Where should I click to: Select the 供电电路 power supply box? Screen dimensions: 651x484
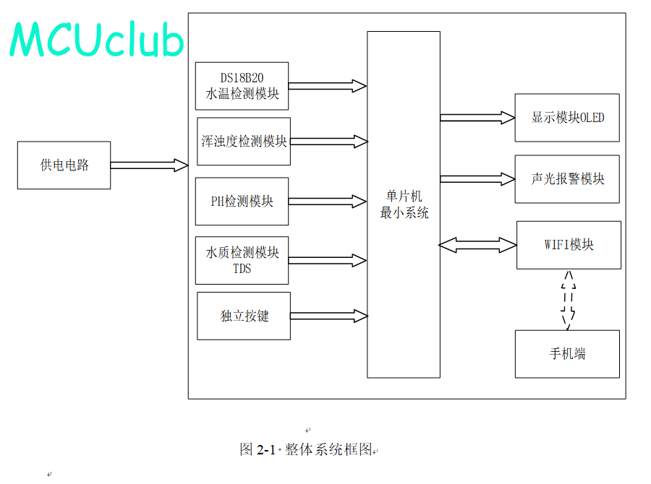tap(64, 165)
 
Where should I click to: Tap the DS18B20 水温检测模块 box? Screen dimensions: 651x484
tap(242, 86)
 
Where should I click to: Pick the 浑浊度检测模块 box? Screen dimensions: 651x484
tap(244, 142)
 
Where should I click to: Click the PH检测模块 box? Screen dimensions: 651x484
tap(242, 202)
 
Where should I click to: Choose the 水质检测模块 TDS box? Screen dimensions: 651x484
tap(242, 261)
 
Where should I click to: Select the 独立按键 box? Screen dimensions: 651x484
tap(244, 316)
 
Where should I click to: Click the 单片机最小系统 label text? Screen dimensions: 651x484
tap(404, 204)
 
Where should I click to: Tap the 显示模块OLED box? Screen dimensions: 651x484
tap(567, 118)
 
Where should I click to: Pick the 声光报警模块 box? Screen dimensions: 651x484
tap(567, 179)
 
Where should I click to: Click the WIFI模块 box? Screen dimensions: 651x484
tap(569, 245)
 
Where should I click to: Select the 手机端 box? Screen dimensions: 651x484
tap(567, 354)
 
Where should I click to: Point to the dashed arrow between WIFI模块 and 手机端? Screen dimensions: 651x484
tap(569, 301)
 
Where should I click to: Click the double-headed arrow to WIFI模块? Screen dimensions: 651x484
tap(478, 245)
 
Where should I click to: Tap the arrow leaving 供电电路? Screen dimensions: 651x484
tap(150, 165)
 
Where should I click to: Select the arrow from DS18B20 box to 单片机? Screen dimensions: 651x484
tap(328, 86)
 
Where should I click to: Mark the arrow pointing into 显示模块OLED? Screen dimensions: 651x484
tap(477, 118)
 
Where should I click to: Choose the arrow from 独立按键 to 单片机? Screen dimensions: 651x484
tap(329, 316)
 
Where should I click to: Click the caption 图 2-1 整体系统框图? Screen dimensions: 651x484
tap(306, 449)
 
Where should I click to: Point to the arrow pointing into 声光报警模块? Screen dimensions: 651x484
tap(477, 179)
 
